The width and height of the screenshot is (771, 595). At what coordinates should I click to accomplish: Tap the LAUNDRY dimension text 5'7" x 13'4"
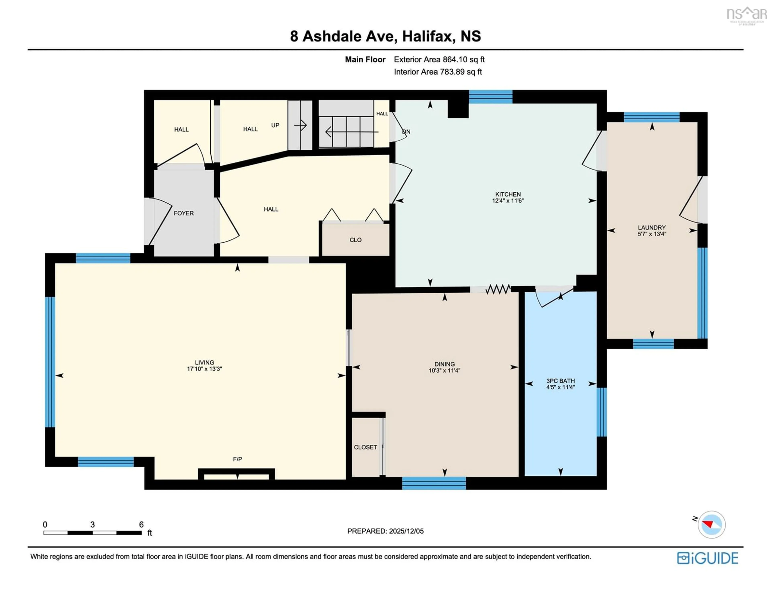[652, 234]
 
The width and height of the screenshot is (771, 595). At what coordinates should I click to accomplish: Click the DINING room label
[445, 364]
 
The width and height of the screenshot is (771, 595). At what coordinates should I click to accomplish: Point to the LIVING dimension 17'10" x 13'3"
[204, 369]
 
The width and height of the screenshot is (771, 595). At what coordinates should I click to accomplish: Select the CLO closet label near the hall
[356, 240]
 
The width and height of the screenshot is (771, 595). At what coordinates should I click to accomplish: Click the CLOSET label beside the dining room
[365, 447]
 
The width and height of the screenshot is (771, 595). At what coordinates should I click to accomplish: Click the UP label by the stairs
[275, 125]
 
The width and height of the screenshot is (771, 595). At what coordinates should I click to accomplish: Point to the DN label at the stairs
[406, 132]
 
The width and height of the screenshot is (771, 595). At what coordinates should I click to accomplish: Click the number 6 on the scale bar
[141, 524]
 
